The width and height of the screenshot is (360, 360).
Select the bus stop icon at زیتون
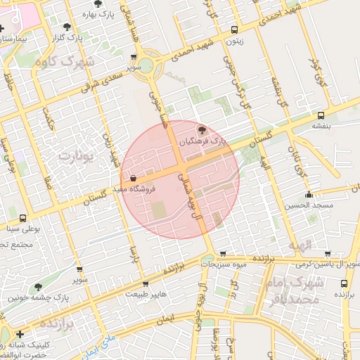pos(234,30)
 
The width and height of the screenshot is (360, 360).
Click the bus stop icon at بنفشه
pos(321,115)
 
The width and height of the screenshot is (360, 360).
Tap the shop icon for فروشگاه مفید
pos(133,179)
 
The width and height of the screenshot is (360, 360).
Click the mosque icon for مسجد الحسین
pos(308,195)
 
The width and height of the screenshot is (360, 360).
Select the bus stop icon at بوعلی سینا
pos(22,218)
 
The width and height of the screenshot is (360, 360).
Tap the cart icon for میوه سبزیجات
pos(223,254)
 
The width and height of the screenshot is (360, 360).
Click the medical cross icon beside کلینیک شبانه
pos(20,335)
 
